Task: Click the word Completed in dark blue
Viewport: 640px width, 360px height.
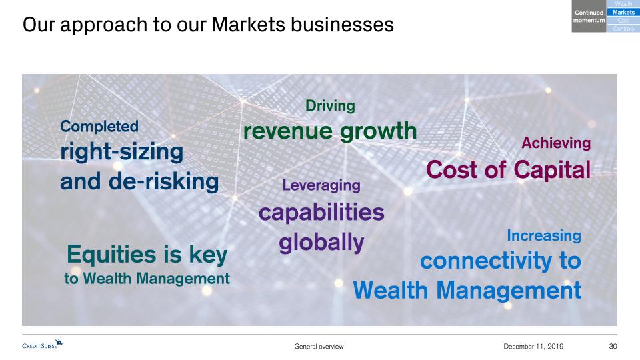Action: click(x=99, y=127)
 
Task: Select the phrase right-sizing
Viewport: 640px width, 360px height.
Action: click(x=121, y=152)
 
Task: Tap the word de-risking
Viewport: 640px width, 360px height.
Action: click(x=164, y=181)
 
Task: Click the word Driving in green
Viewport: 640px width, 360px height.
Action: click(x=330, y=106)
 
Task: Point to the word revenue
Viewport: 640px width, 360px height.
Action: click(x=288, y=131)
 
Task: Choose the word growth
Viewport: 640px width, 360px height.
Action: click(x=379, y=131)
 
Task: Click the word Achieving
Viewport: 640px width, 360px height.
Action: click(x=556, y=143)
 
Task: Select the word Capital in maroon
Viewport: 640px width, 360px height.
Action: click(x=552, y=170)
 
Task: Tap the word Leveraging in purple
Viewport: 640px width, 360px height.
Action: click(x=321, y=186)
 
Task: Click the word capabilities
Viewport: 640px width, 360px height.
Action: click(x=321, y=212)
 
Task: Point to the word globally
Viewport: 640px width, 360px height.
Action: click(x=321, y=243)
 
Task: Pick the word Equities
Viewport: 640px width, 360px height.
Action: click(x=111, y=255)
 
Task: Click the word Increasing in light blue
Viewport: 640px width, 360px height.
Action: click(x=544, y=236)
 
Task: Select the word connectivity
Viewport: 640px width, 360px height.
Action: click(x=486, y=261)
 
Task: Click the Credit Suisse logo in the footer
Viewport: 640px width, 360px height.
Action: click(x=43, y=344)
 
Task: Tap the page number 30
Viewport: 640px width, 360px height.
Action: click(x=613, y=346)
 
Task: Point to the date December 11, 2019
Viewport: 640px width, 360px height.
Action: click(x=533, y=346)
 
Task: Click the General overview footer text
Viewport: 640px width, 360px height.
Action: click(x=319, y=347)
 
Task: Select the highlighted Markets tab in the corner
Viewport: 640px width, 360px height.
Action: click(x=623, y=12)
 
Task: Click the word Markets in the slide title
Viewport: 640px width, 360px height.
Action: click(x=248, y=25)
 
